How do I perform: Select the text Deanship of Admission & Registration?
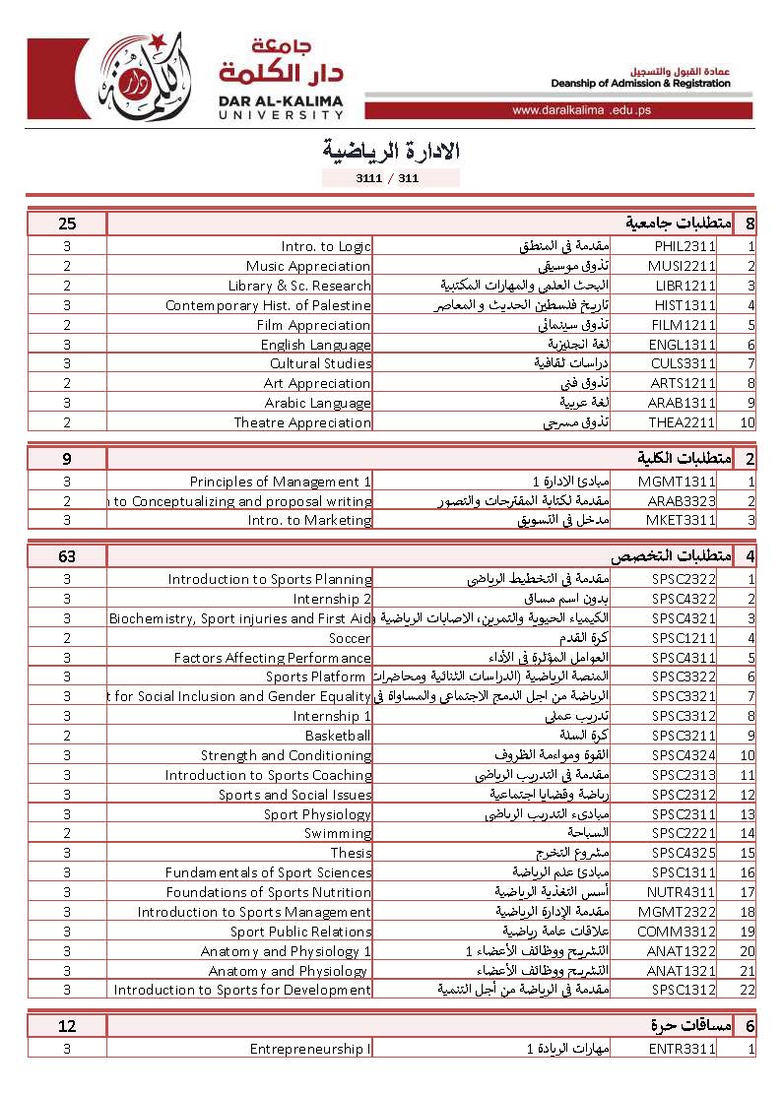(x=640, y=84)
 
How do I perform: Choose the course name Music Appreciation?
(x=308, y=267)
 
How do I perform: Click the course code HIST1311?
(x=682, y=305)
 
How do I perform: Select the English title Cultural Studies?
(x=320, y=363)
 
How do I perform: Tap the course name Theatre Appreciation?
(x=302, y=422)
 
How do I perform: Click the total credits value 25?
(x=67, y=224)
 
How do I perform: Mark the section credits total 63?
(x=67, y=556)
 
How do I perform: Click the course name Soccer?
(x=350, y=638)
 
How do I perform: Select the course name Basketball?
(x=338, y=736)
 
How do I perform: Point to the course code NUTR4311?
(x=682, y=892)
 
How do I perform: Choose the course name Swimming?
(x=338, y=833)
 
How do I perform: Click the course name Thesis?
(x=351, y=853)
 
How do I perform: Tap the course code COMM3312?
(x=680, y=932)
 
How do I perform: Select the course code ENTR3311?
(x=682, y=1050)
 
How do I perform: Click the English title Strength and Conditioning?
(x=286, y=755)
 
